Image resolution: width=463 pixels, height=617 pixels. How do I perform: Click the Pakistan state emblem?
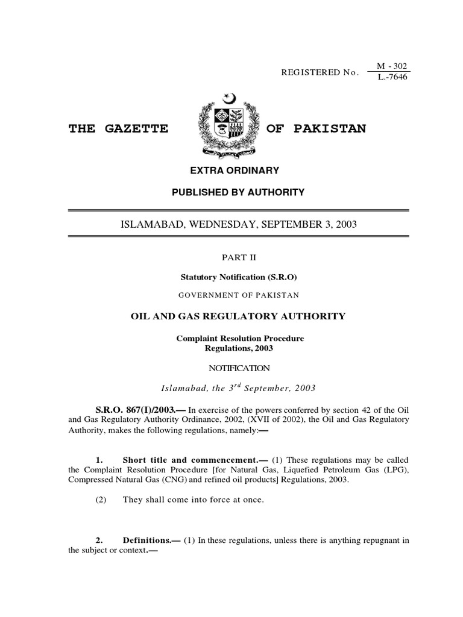point(231,125)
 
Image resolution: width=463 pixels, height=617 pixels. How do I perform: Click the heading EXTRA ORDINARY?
point(235,171)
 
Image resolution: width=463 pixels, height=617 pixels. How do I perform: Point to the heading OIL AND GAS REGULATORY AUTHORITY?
point(239,316)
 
